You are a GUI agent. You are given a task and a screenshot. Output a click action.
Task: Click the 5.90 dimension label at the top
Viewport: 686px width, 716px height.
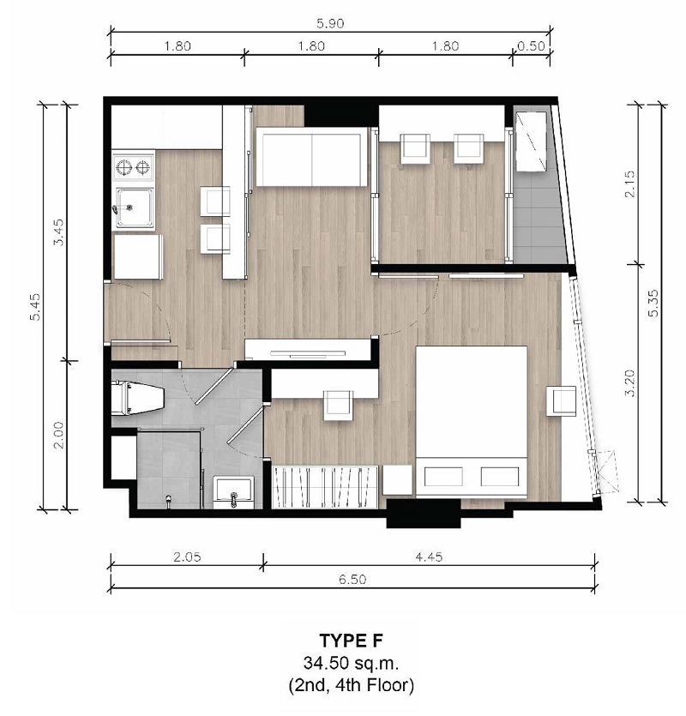coord(330,23)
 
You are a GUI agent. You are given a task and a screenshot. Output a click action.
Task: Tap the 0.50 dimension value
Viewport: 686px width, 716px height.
coord(531,46)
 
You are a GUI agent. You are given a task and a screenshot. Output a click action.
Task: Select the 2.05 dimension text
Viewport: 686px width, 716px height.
coord(187,557)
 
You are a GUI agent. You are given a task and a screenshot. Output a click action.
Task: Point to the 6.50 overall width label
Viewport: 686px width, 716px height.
coord(352,579)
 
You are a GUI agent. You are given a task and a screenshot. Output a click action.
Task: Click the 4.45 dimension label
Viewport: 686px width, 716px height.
coord(429,557)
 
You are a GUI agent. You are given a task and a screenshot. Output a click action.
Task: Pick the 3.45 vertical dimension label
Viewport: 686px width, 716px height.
coord(59,232)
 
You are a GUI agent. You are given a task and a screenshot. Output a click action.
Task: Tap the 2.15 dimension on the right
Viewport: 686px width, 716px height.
coord(629,184)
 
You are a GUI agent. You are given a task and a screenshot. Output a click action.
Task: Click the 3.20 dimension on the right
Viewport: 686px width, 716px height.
coord(629,383)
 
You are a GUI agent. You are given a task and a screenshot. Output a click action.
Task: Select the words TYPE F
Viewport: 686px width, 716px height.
coord(351,641)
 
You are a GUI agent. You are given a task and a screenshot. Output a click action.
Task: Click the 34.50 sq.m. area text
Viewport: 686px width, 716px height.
coord(351,663)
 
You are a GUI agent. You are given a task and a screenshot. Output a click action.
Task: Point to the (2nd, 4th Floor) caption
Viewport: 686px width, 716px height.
coord(351,685)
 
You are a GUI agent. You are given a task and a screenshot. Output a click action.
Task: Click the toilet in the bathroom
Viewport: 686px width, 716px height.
coord(137,398)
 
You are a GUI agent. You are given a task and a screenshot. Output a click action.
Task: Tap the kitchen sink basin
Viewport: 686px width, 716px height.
coord(135,208)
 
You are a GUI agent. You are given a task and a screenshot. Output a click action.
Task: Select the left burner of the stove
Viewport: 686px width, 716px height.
coord(123,167)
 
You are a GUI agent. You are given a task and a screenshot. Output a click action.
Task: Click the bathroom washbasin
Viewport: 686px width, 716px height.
coord(234,492)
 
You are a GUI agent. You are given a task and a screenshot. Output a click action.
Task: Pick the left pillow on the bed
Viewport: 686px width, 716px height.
coord(443,476)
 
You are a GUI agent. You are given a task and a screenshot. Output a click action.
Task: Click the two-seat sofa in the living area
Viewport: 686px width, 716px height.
coord(311,157)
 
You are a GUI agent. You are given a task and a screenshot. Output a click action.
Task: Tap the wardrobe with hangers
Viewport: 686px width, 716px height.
coord(325,487)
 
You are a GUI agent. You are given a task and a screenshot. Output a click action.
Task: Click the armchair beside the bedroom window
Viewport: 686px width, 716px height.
coord(562,401)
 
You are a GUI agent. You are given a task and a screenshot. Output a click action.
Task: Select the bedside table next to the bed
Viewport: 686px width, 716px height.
coord(397,480)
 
